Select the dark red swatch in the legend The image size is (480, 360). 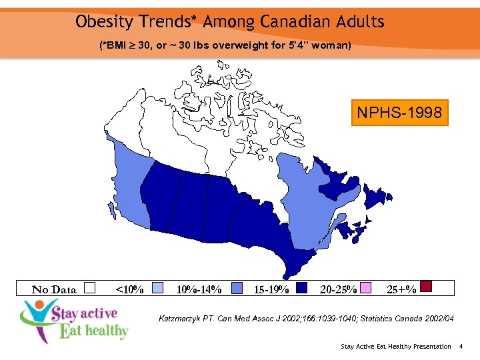point(427,287)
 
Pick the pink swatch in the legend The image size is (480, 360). point(365,288)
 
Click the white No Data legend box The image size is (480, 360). point(91,288)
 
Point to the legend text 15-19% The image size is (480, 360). point(271,289)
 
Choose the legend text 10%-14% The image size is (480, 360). point(199,289)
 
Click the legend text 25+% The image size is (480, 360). point(402,289)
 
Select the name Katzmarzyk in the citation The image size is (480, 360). point(184,319)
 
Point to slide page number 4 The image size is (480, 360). point(461,346)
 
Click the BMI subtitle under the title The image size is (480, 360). point(225,45)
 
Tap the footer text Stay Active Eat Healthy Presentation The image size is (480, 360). point(395,346)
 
